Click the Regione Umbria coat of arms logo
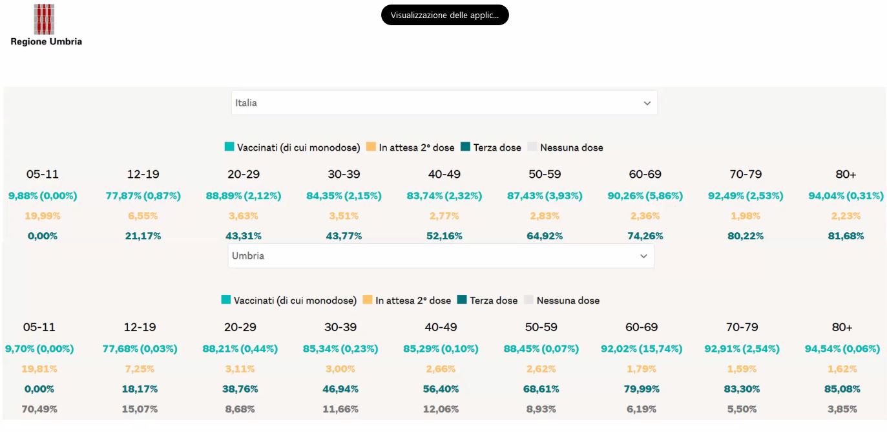pyautogui.click(x=44, y=19)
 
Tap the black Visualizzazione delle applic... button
pyautogui.click(x=444, y=15)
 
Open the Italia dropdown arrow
pyautogui.click(x=647, y=103)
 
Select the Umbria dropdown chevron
pyautogui.click(x=643, y=256)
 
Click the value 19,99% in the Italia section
pyautogui.click(x=43, y=216)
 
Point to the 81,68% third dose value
pyautogui.click(x=846, y=236)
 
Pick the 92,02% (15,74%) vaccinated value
pyautogui.click(x=642, y=349)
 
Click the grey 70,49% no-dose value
pyautogui.click(x=39, y=409)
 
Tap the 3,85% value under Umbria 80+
pyautogui.click(x=842, y=409)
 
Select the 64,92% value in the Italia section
pyautogui.click(x=545, y=236)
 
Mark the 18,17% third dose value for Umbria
pyautogui.click(x=140, y=389)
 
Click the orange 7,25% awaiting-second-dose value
pyautogui.click(x=140, y=369)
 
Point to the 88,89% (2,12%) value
pyautogui.click(x=244, y=196)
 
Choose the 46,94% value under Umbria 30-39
pyautogui.click(x=340, y=389)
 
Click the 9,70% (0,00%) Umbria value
pyautogui.click(x=39, y=349)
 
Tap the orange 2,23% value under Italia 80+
pyautogui.click(x=846, y=216)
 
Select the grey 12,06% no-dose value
pyautogui.click(x=441, y=409)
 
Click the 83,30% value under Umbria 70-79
pyautogui.click(x=742, y=389)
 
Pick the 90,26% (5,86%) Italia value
pyautogui.click(x=645, y=196)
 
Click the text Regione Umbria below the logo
pyautogui.click(x=47, y=41)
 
